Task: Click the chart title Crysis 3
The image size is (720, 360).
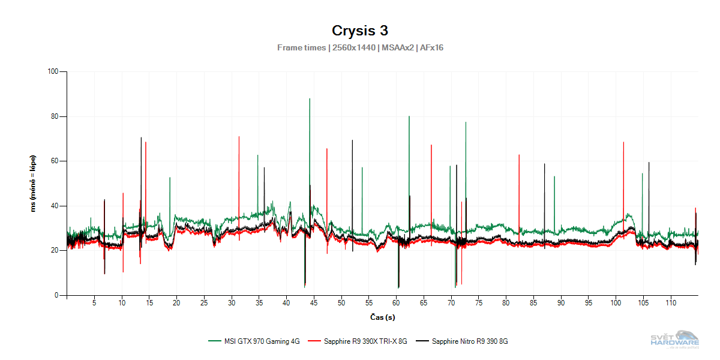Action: [360, 31]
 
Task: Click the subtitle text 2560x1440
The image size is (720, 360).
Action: [354, 47]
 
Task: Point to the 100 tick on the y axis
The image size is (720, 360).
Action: [53, 72]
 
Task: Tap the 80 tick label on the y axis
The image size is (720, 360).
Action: [55, 116]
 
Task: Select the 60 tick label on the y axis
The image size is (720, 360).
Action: [55, 161]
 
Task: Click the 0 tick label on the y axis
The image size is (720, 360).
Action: [57, 295]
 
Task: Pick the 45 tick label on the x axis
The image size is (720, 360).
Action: [314, 304]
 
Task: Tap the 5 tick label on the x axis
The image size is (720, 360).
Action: [94, 304]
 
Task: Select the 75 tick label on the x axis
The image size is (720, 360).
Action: [478, 304]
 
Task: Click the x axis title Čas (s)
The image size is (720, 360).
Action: [382, 317]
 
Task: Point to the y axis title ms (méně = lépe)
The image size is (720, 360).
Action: [34, 184]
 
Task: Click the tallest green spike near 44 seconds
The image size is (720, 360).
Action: [310, 99]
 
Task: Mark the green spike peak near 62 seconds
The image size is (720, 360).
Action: [409, 117]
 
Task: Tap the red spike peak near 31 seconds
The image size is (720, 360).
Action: [239, 137]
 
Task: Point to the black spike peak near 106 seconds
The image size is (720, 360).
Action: [649, 163]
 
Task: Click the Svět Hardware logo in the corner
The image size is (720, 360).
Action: [675, 340]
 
